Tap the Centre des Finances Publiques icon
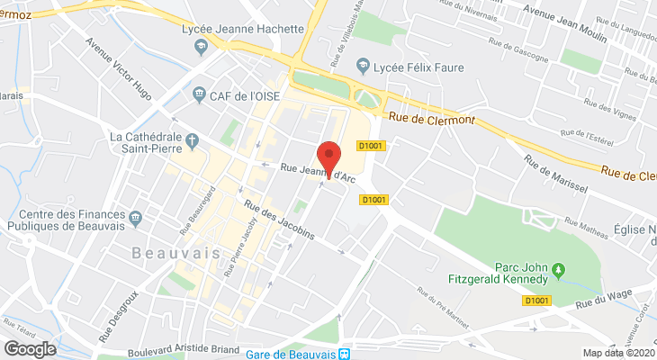click(135, 217)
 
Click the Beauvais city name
click(176, 253)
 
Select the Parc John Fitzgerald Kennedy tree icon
click(558, 269)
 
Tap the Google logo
click(31, 348)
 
